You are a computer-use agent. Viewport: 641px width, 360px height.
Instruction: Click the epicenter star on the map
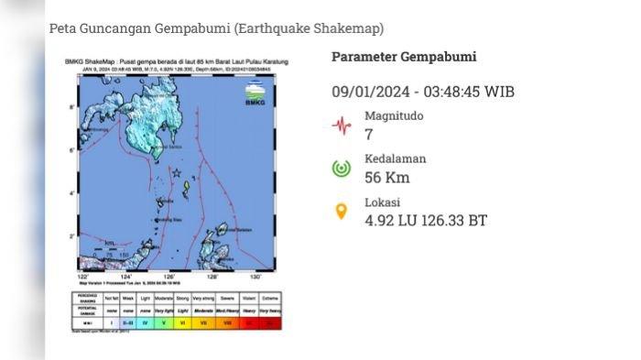[177, 171]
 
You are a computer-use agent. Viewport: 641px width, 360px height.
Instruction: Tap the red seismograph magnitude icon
[342, 125]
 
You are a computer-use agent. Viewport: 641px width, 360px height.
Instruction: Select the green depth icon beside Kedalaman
[342, 169]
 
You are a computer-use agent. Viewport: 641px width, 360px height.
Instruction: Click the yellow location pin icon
[342, 212]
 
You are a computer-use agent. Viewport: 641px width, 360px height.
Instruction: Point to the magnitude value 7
[369, 135]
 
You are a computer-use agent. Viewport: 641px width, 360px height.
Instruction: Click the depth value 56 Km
[386, 178]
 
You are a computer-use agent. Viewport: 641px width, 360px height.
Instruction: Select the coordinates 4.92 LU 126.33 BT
[425, 221]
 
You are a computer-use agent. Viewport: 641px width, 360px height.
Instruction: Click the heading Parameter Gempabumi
[403, 57]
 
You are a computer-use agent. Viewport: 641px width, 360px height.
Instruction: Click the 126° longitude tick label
[169, 277]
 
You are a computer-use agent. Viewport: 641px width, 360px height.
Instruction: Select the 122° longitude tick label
[83, 277]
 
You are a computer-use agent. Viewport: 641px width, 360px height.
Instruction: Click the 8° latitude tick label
[73, 108]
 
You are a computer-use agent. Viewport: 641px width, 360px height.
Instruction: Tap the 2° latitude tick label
[73, 236]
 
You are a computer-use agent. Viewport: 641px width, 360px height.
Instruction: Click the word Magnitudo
[395, 116]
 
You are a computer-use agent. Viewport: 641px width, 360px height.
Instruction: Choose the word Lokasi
[383, 202]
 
